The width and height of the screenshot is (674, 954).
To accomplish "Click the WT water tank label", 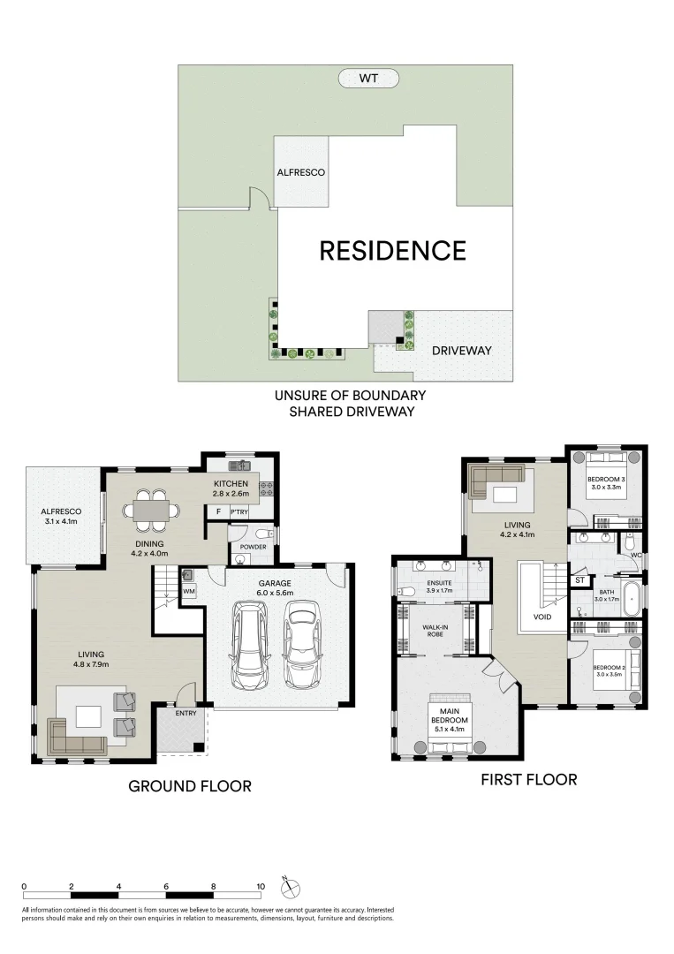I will pos(367,79).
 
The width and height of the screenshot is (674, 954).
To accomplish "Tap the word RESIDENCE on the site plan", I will pos(392,251).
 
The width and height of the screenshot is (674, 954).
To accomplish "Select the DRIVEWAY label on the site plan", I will pos(461,351).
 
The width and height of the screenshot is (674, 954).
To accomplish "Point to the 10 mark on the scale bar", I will pos(260,886).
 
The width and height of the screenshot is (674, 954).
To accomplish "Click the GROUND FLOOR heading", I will pos(190,785).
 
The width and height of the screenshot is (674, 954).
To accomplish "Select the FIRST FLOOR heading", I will pos(528,779).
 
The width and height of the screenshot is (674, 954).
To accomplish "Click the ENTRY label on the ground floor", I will pos(186,713).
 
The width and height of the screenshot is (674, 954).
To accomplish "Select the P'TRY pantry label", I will pos(238,511).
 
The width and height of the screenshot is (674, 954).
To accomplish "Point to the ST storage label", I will pos(579,580).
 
